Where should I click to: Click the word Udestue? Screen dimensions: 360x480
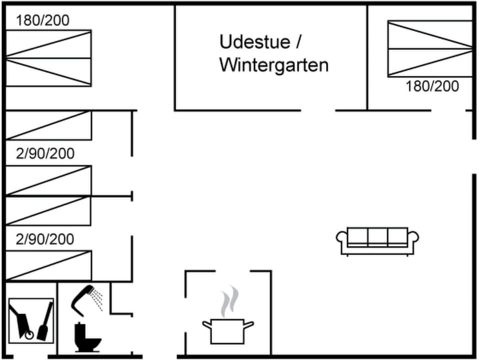(254, 42)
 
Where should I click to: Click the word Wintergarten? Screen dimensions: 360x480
(273, 65)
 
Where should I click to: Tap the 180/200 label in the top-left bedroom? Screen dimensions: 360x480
(42, 20)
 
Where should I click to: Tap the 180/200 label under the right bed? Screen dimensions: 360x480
(432, 86)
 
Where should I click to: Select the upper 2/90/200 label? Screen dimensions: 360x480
(45, 153)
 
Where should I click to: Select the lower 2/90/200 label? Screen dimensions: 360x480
(45, 239)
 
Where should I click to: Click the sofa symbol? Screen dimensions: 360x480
(377, 240)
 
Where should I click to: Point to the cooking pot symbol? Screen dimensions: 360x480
(227, 330)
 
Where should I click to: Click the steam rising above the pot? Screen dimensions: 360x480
(229, 301)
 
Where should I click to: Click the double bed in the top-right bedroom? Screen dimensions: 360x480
(430, 48)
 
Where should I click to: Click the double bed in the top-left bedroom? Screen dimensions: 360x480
(48, 58)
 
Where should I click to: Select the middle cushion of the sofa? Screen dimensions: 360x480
(377, 236)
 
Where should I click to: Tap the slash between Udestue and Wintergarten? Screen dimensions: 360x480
(298, 42)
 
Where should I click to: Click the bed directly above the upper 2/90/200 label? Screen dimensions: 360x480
(48, 125)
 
